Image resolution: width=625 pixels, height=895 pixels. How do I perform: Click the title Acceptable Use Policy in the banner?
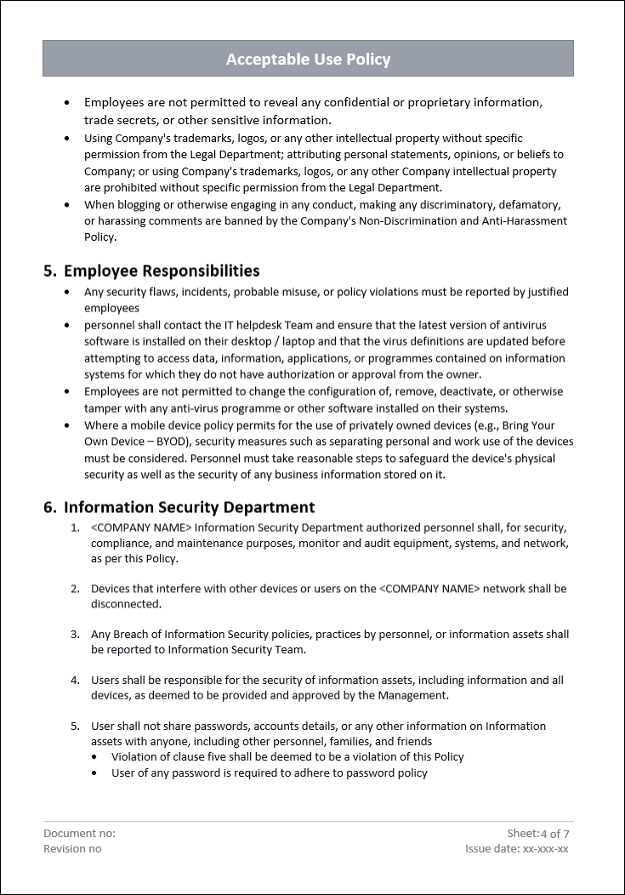tap(308, 60)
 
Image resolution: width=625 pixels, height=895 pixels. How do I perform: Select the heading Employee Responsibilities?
tap(162, 271)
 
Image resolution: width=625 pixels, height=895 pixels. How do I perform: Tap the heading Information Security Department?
tap(189, 507)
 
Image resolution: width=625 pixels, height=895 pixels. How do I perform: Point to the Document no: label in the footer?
tap(79, 834)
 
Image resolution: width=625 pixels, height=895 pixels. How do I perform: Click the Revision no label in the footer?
tap(72, 849)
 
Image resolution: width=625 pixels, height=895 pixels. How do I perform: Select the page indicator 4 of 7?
tap(555, 834)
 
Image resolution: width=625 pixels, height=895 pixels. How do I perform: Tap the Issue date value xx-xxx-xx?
tap(546, 849)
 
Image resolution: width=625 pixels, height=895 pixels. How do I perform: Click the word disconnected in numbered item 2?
tap(125, 604)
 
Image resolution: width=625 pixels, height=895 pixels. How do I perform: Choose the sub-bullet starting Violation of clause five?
tap(287, 756)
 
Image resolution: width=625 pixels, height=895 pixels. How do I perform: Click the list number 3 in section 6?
tap(74, 635)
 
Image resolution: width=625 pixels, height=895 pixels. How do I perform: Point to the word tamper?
tap(102, 408)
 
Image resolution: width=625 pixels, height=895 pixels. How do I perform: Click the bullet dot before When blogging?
tap(67, 205)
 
